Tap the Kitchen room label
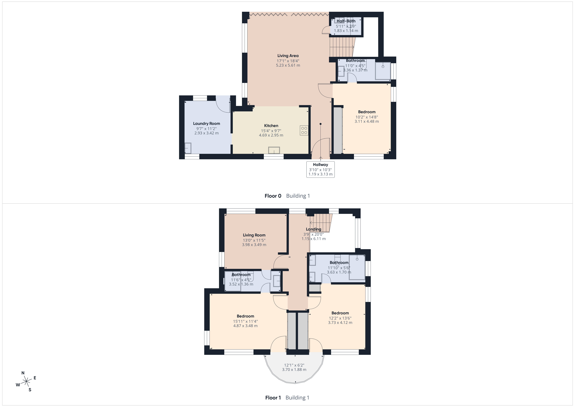[x=271, y=126]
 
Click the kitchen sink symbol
[x=274, y=150]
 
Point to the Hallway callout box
[x=320, y=169]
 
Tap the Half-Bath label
[x=346, y=21]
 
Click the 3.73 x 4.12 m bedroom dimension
[x=340, y=322]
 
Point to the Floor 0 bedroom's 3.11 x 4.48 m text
[x=367, y=121]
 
